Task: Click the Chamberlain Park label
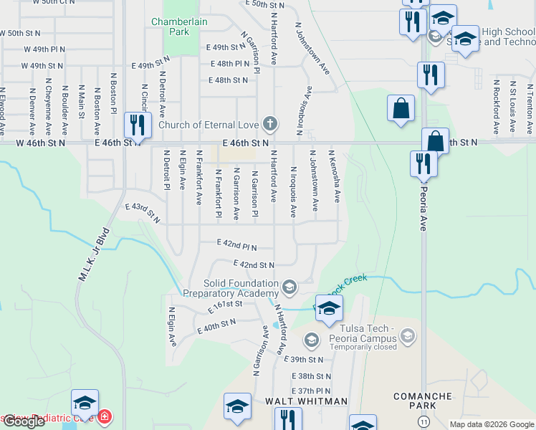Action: coord(179,27)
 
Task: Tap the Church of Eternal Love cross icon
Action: coord(269,125)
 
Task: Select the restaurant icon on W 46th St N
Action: coord(135,125)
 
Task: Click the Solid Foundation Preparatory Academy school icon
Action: coord(289,287)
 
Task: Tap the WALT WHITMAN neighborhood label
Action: coord(306,401)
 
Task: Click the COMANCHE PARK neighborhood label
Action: coord(422,401)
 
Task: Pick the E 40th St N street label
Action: coord(217,327)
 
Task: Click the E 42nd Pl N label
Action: coord(236,244)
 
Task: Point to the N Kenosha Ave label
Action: coord(334,176)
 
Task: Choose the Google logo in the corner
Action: coord(24,421)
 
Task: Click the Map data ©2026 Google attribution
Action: coord(492,424)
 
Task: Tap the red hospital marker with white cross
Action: coord(105,416)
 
